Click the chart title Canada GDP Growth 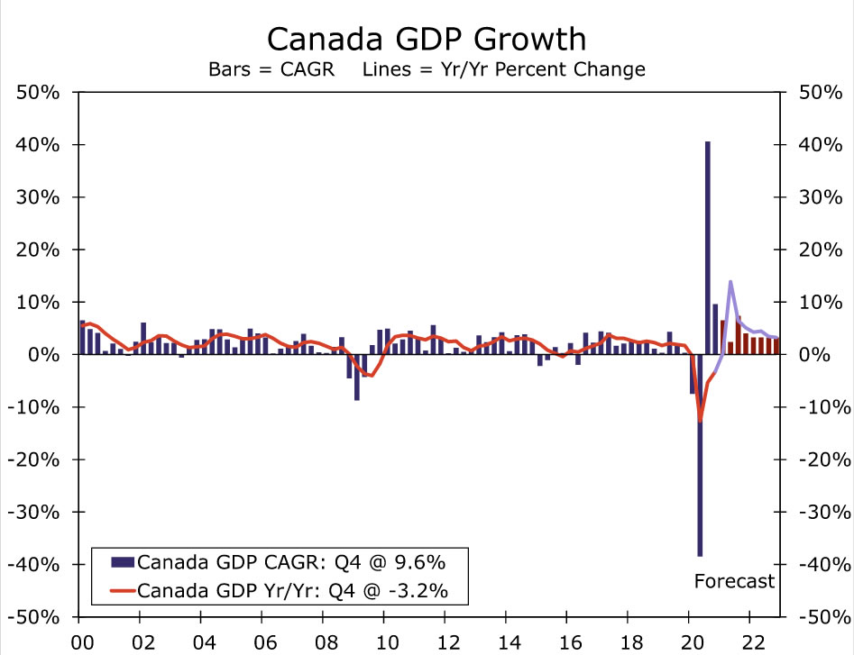(427, 39)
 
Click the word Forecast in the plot (734, 581)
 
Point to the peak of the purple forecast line (730, 282)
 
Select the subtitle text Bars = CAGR (270, 68)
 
